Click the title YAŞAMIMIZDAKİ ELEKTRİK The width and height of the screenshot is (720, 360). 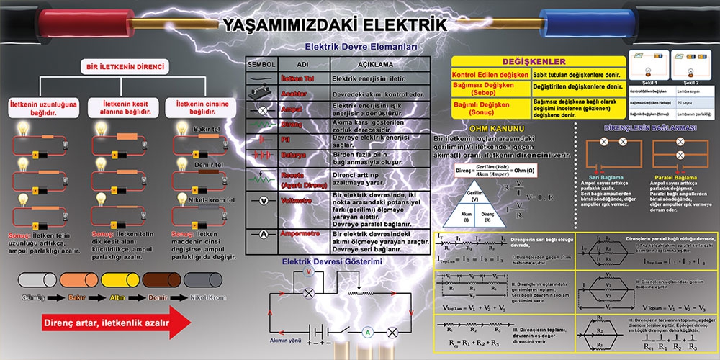336,25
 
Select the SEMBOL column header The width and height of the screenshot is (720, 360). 261,63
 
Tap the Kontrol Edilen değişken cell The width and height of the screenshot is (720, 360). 490,74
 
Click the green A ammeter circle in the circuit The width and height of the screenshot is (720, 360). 366,332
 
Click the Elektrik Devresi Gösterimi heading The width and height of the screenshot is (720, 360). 331,261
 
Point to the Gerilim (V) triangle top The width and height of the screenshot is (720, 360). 474,194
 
